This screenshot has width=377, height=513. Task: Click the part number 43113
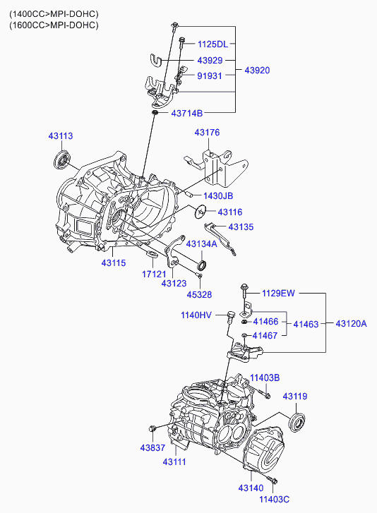61,135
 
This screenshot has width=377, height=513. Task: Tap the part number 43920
257,71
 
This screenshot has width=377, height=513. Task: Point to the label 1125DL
213,44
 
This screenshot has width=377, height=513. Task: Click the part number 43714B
186,113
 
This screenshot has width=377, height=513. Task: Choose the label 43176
207,132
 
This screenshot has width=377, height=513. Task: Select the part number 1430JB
217,195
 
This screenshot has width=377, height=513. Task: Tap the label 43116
229,212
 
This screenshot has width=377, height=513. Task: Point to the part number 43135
240,227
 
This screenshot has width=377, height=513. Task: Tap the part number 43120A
351,324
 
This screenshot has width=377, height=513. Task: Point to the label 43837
151,447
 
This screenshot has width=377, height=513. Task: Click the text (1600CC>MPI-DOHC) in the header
54,25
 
